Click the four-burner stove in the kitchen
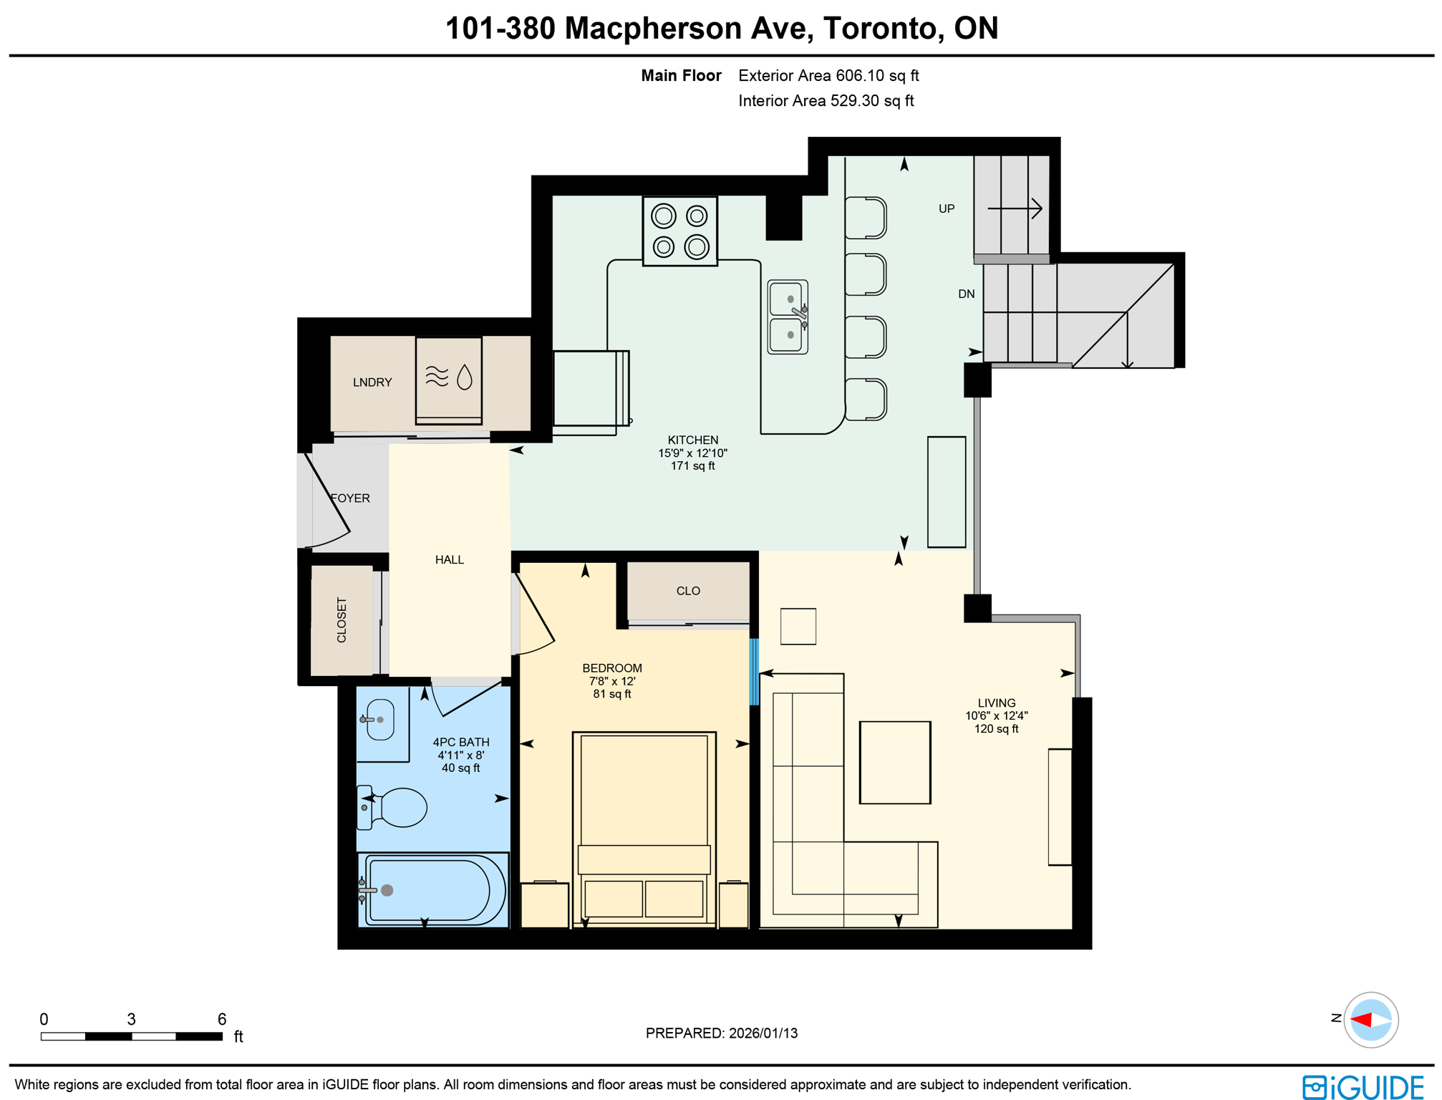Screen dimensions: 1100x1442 click(x=679, y=231)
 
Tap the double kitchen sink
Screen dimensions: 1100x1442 click(x=787, y=317)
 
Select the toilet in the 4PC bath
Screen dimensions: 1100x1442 click(x=398, y=807)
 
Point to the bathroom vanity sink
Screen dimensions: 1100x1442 click(x=379, y=719)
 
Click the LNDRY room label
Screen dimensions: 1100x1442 click(x=372, y=382)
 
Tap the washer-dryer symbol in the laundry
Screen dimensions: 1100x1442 click(x=448, y=380)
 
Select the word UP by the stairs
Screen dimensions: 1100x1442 click(x=946, y=208)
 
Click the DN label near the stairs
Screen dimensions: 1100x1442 click(x=966, y=294)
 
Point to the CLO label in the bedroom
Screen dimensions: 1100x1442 click(x=687, y=591)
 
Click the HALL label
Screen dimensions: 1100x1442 click(x=449, y=559)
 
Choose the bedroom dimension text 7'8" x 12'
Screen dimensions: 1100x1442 click(x=611, y=681)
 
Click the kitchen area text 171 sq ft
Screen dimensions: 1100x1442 click(x=692, y=465)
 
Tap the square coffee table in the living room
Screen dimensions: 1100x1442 click(x=894, y=762)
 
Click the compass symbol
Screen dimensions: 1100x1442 click(x=1370, y=1019)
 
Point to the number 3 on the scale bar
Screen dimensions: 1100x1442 click(x=131, y=1018)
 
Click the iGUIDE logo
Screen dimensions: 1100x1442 click(x=1362, y=1086)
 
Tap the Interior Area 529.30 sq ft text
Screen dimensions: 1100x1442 click(x=826, y=101)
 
